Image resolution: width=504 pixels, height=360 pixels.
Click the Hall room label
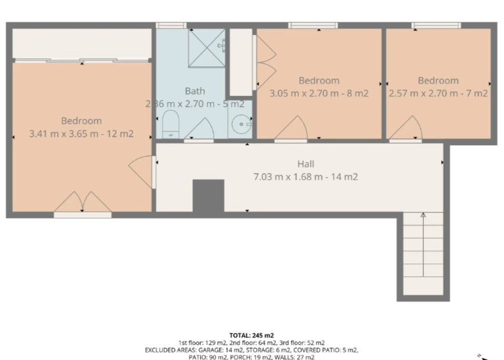(305, 164)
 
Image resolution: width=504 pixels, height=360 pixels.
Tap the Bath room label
(195, 91)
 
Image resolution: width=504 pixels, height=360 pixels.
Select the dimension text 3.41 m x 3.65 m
(64, 134)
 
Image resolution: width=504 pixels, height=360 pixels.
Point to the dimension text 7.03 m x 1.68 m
(288, 177)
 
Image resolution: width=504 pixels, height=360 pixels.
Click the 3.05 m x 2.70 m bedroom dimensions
(304, 93)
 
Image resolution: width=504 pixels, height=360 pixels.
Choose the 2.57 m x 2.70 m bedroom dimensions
(423, 93)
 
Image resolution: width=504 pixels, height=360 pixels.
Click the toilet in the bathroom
(171, 125)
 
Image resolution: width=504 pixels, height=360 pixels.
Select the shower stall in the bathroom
(207, 48)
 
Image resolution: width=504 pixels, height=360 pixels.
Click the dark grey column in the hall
(208, 196)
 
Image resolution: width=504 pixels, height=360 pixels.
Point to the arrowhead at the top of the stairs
(423, 215)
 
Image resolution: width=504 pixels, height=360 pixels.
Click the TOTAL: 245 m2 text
(251, 336)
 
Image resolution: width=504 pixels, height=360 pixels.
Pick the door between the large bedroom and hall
(142, 172)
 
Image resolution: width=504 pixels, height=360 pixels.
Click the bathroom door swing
(199, 130)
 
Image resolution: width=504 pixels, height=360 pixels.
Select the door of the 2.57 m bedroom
(406, 129)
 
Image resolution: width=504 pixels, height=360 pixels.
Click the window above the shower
(171, 26)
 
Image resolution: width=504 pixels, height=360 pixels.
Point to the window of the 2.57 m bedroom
(436, 26)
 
